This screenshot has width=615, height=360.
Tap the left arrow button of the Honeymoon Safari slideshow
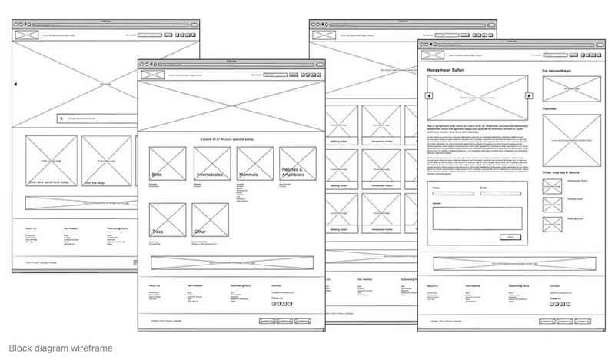(x=429, y=96)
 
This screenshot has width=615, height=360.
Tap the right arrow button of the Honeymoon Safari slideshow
(x=529, y=96)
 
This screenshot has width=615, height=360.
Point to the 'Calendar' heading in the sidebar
(x=550, y=108)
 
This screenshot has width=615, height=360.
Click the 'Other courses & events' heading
(x=565, y=172)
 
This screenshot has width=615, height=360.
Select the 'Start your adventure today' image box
(x=52, y=161)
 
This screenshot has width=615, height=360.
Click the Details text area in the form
(x=477, y=218)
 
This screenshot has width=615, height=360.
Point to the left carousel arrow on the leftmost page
(x=15, y=85)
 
